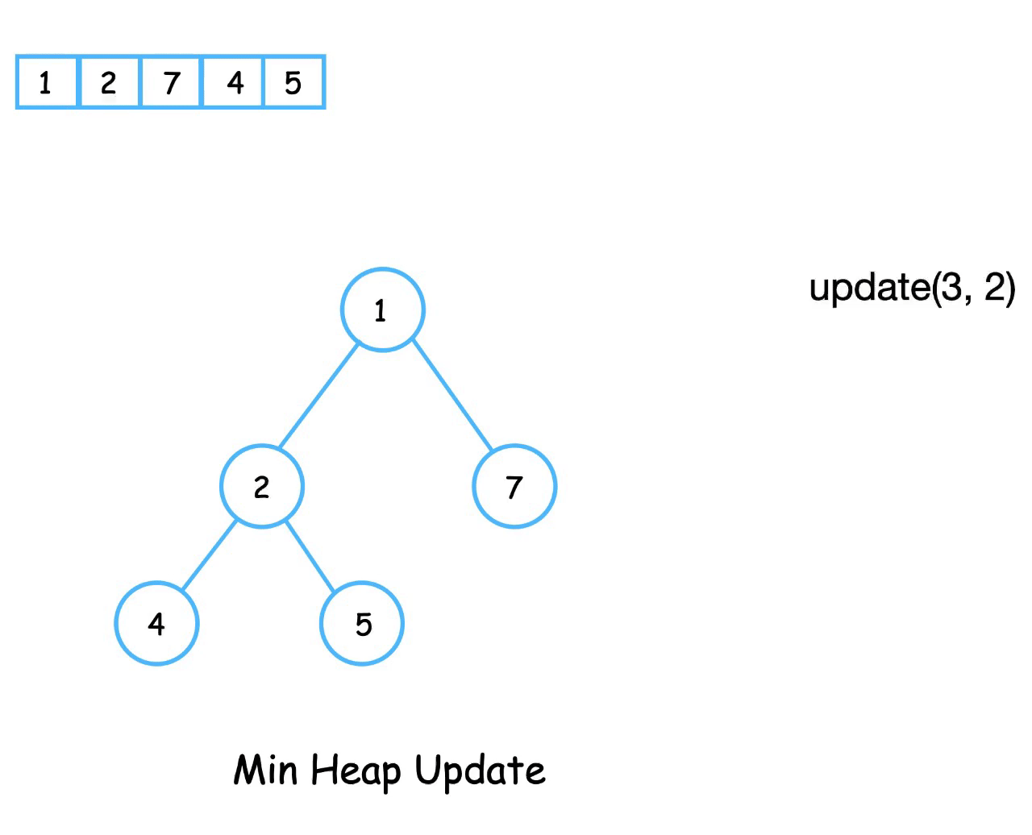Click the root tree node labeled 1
point(382,310)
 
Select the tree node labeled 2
point(262,486)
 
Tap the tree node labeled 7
point(514,486)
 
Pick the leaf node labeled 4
point(156,623)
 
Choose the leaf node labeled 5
point(362,623)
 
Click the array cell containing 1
point(47,82)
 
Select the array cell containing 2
point(109,82)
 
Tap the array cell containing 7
point(171,82)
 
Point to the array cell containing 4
point(234,82)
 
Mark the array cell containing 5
point(294,82)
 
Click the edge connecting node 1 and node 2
point(318,396)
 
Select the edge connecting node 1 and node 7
point(452,394)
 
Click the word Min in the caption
point(265,770)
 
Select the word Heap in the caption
point(356,771)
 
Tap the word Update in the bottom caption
point(480,771)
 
